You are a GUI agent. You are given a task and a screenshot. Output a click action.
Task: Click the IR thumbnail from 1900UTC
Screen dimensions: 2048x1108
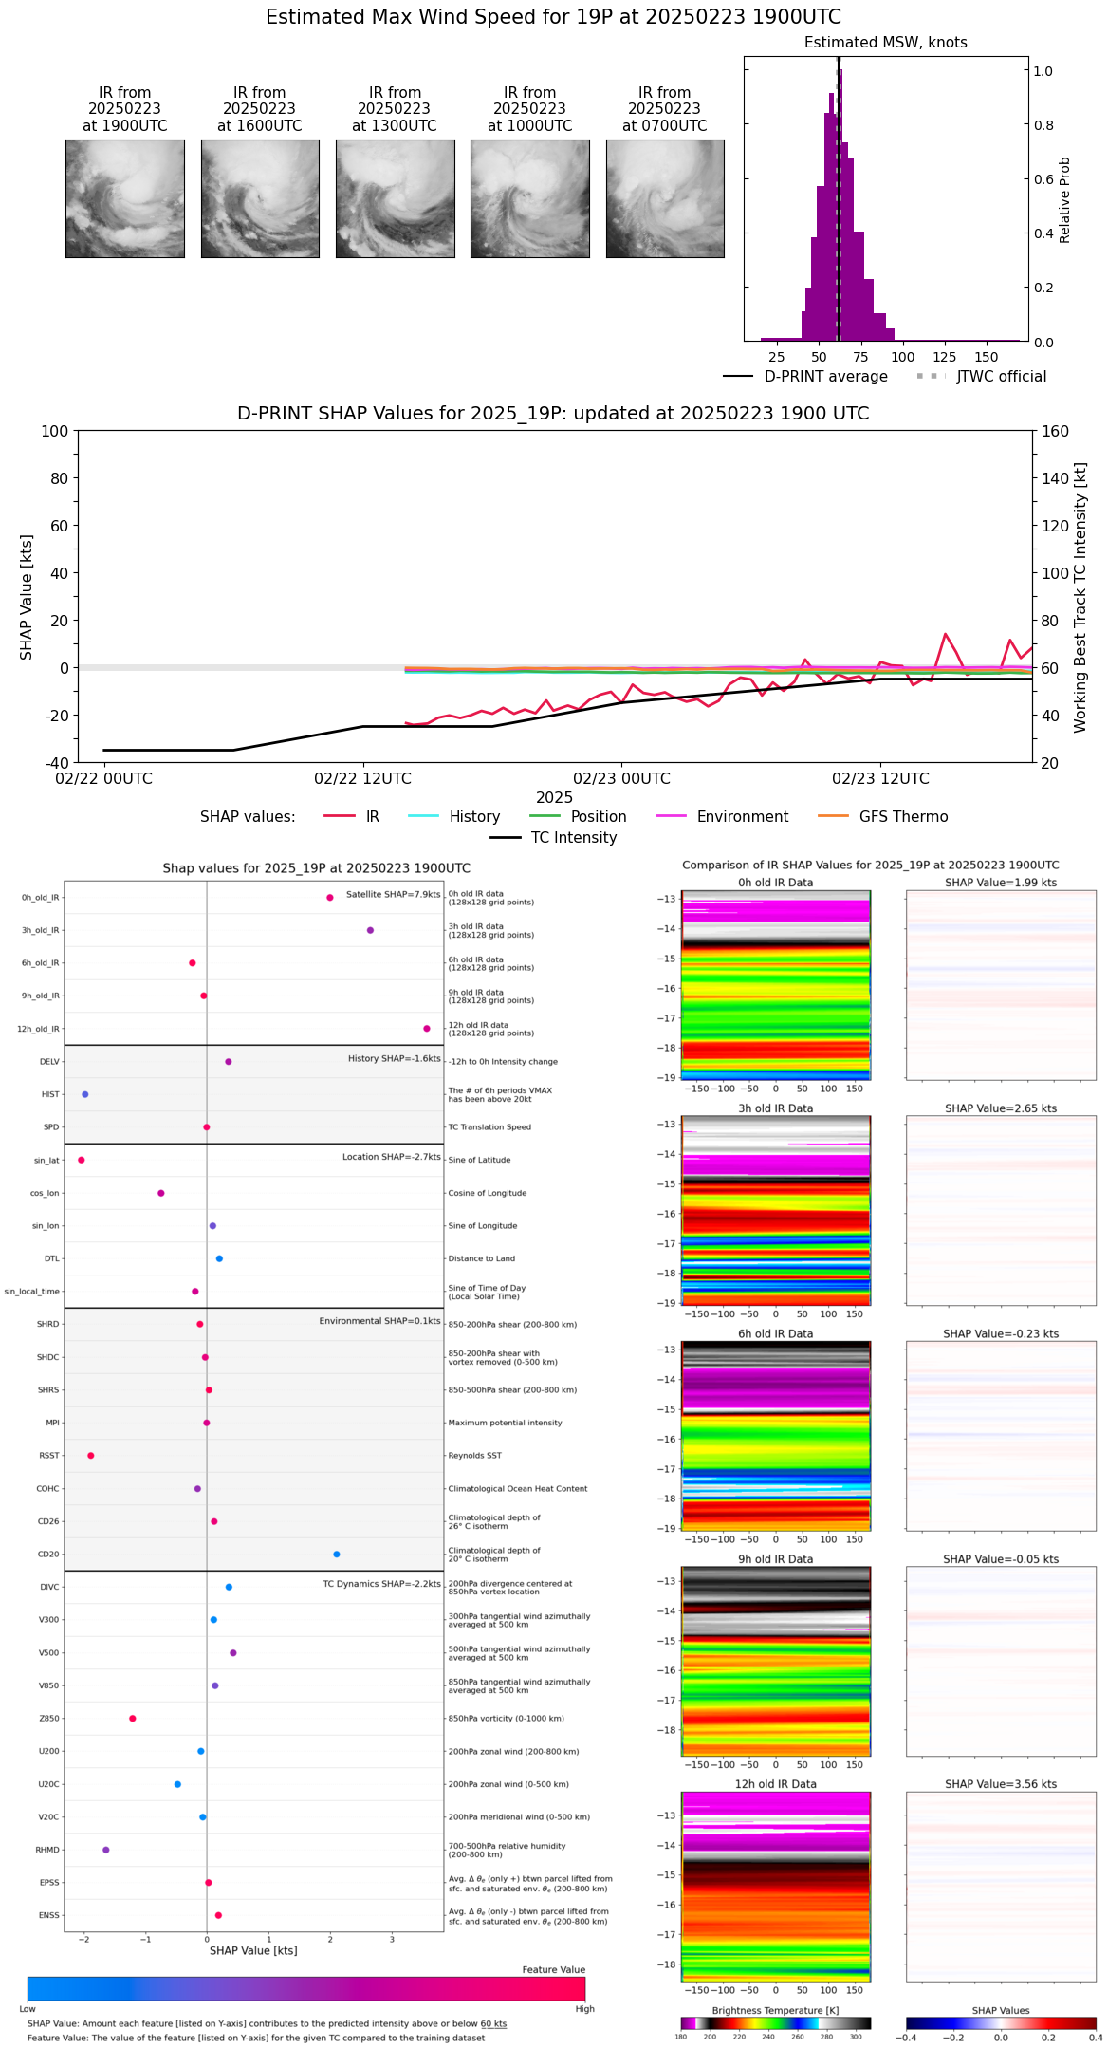pyautogui.click(x=124, y=198)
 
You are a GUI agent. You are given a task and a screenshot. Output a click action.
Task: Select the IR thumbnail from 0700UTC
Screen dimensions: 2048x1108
pyautogui.click(x=665, y=198)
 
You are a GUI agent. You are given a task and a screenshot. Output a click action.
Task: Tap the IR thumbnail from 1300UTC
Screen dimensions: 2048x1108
pyautogui.click(x=395, y=198)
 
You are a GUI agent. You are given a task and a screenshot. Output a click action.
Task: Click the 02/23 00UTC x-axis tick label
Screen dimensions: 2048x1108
pyautogui.click(x=621, y=779)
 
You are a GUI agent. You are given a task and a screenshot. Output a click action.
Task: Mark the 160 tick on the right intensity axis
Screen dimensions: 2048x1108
pyautogui.click(x=1056, y=431)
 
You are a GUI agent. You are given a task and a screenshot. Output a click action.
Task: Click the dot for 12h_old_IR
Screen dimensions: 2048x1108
pyautogui.click(x=427, y=1029)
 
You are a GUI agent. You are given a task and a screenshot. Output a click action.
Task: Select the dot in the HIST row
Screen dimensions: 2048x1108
pyautogui.click(x=85, y=1094)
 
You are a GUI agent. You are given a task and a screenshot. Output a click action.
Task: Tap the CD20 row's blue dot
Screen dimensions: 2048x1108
pyautogui.click(x=337, y=1555)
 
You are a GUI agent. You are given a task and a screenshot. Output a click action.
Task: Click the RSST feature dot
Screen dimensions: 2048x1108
pyautogui.click(x=91, y=1456)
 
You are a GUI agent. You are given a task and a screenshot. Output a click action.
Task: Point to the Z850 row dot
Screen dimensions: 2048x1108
pyautogui.click(x=133, y=1719)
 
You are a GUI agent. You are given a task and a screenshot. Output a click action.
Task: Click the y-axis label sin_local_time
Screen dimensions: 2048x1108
pyautogui.click(x=32, y=1292)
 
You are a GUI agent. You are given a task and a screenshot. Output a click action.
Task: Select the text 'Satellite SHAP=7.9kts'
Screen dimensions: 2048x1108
pyautogui.click(x=393, y=895)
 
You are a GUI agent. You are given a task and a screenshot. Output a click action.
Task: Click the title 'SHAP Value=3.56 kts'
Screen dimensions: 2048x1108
pyautogui.click(x=1001, y=1784)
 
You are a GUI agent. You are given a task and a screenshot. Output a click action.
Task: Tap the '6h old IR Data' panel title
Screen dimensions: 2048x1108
pyautogui.click(x=775, y=1333)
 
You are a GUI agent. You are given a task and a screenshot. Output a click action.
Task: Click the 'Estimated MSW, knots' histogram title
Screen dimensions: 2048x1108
pyautogui.click(x=885, y=43)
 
